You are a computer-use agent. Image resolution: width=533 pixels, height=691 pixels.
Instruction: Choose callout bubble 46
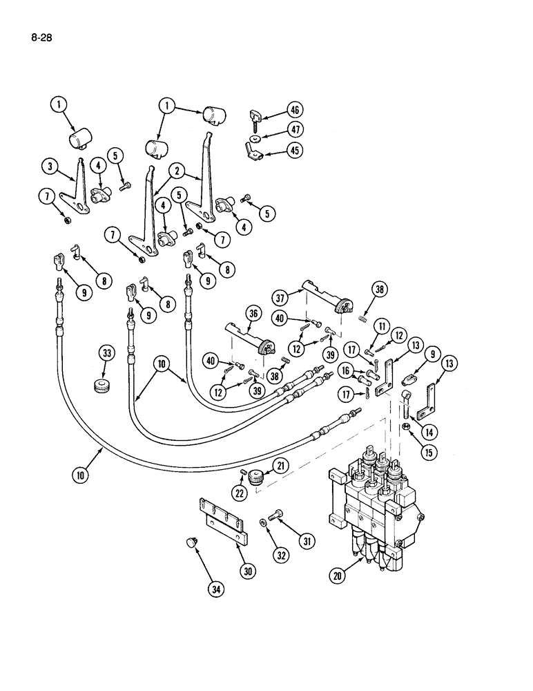295,109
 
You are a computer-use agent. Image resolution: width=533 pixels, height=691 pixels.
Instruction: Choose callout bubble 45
295,150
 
